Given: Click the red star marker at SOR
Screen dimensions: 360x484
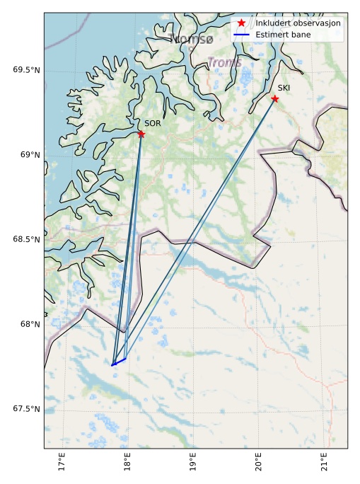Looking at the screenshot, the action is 141,134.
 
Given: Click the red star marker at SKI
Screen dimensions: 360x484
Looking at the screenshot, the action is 274,98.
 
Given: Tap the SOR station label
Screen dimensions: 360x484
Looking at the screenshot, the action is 153,124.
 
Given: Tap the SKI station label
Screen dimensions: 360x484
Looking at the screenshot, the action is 284,88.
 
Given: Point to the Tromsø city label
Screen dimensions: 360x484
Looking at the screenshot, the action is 191,40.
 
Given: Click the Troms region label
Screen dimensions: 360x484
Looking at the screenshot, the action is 224,62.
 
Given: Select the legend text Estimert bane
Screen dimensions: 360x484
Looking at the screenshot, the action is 283,34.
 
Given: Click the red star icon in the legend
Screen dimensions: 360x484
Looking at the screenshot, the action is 241,23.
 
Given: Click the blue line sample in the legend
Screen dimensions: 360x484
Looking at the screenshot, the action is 241,34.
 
